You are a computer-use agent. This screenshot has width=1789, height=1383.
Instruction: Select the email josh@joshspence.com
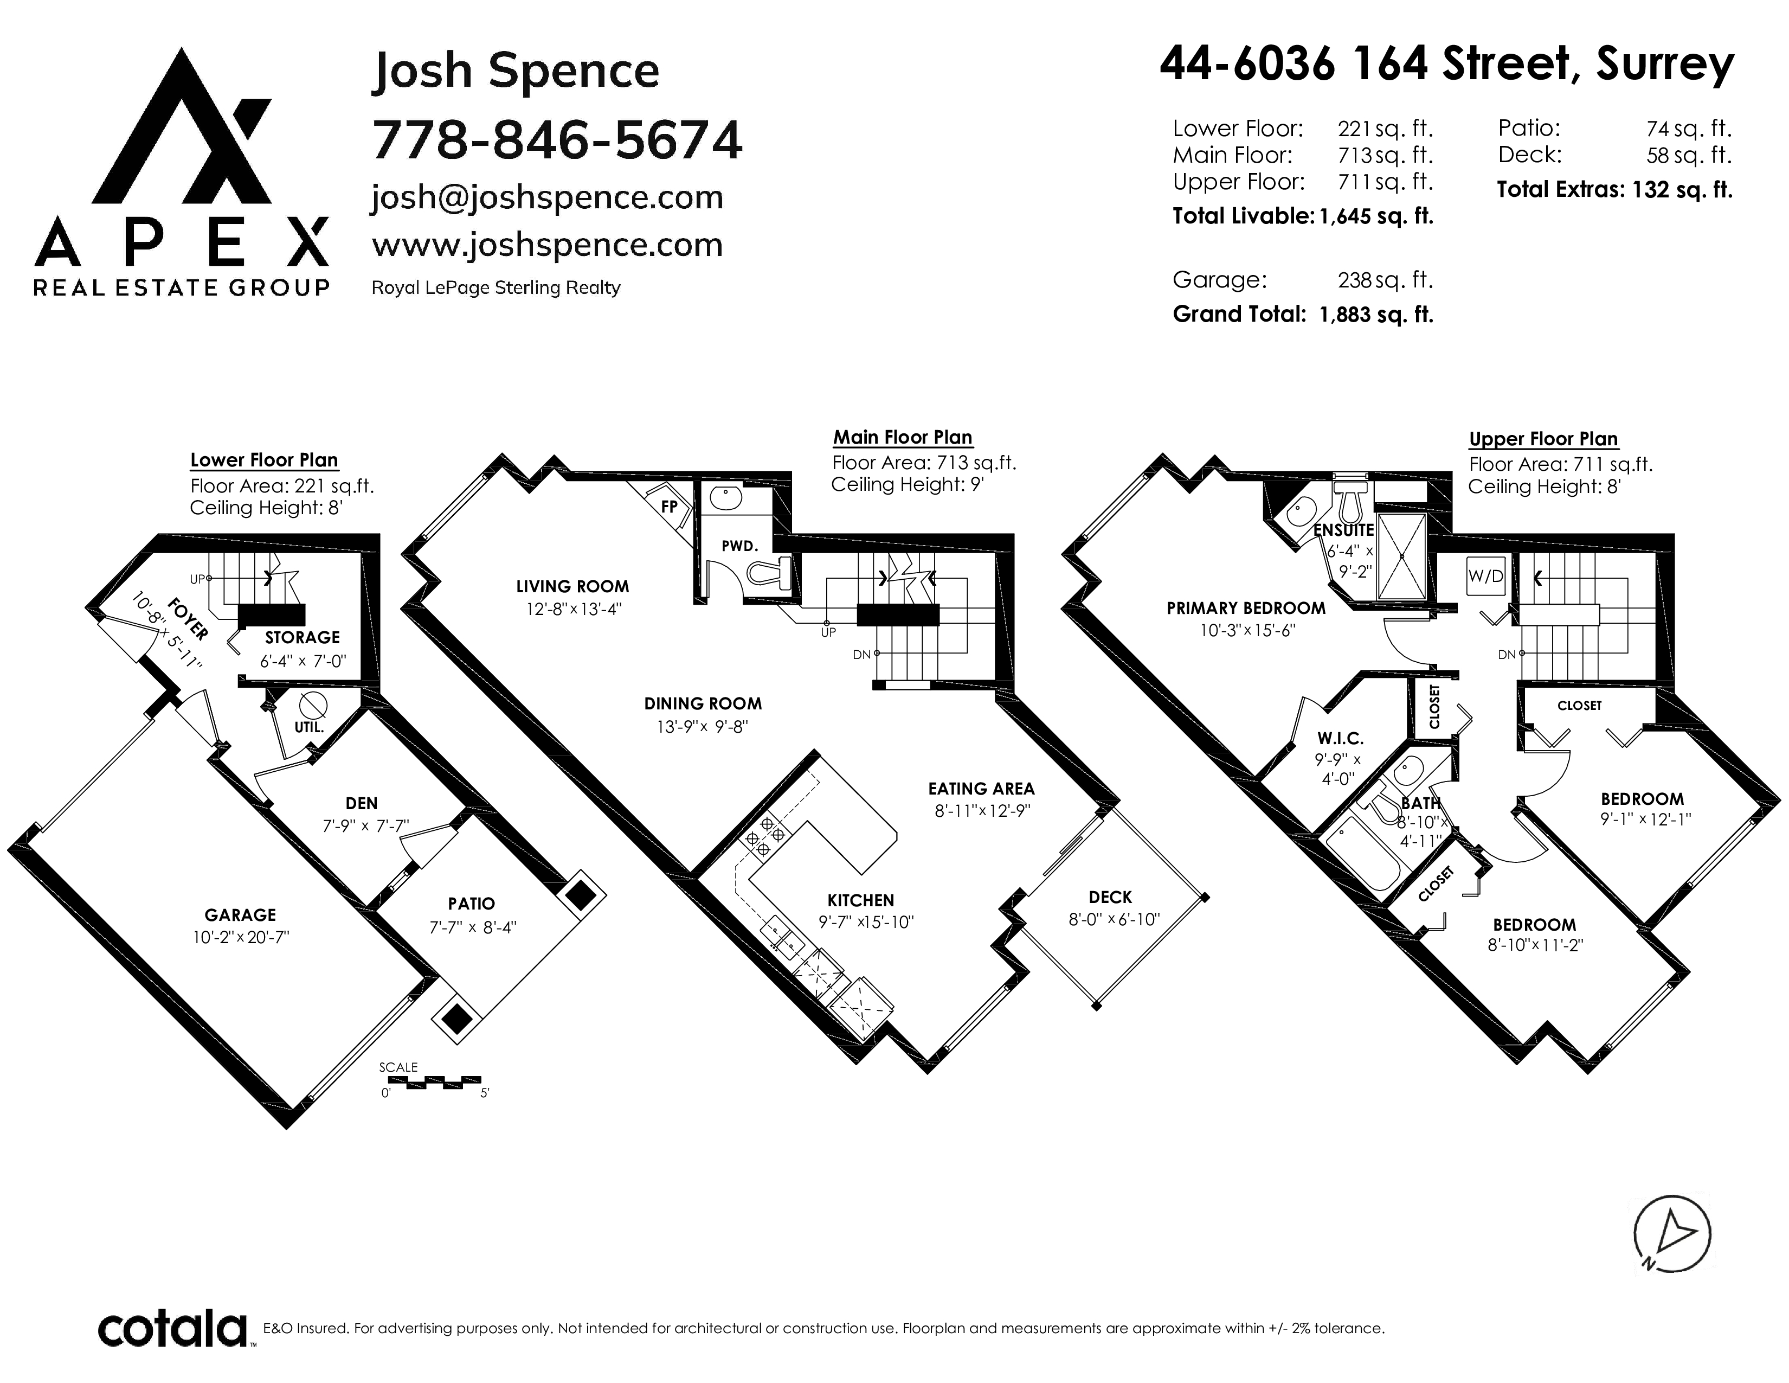click(x=547, y=197)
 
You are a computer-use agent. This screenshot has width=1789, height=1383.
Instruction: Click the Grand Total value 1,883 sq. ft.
click(x=1376, y=315)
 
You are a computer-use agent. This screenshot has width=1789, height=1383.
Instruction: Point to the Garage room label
click(x=240, y=914)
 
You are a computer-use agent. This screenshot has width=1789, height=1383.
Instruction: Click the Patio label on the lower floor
click(x=471, y=904)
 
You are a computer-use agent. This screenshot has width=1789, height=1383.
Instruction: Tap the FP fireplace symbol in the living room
click(x=669, y=507)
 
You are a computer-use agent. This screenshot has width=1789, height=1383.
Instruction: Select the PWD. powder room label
click(x=739, y=546)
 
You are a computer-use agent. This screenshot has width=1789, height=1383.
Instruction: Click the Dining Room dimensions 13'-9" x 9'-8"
click(x=703, y=727)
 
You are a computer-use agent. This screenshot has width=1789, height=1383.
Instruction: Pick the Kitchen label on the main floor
click(x=860, y=900)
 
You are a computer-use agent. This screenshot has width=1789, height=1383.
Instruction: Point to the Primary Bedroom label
click(x=1246, y=608)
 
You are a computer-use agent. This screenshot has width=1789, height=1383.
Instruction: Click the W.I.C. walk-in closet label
click(x=1341, y=738)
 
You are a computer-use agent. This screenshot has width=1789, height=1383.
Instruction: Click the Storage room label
click(x=303, y=637)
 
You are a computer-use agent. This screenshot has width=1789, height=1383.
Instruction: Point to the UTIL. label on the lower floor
click(x=309, y=727)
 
